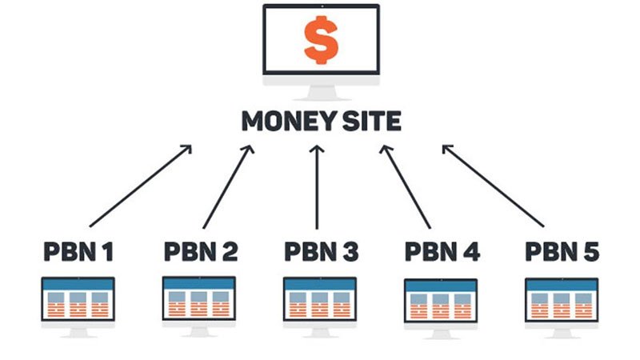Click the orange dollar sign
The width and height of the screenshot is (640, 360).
pyautogui.click(x=322, y=39)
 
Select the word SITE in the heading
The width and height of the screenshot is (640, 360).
pyautogui.click(x=372, y=122)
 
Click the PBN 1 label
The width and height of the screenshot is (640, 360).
pyautogui.click(x=78, y=252)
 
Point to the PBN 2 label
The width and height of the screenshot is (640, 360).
pyautogui.click(x=201, y=252)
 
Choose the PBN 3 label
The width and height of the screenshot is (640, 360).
pyautogui.click(x=322, y=252)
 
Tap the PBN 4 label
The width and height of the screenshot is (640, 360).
pyautogui.click(x=442, y=252)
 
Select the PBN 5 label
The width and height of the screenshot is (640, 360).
pyautogui.click(x=562, y=252)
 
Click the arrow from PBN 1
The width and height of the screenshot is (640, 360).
pyautogui.click(x=141, y=186)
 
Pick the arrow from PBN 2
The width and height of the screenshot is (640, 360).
pyautogui.click(x=229, y=186)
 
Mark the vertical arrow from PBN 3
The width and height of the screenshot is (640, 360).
pyautogui.click(x=317, y=187)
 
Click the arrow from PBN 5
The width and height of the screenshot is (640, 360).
pyautogui.click(x=493, y=186)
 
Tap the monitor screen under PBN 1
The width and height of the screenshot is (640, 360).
pyautogui.click(x=78, y=298)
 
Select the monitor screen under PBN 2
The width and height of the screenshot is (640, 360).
pyautogui.click(x=198, y=298)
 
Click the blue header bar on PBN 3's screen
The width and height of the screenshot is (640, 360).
pyautogui.click(x=320, y=285)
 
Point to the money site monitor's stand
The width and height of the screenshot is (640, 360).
pyautogui.click(x=322, y=93)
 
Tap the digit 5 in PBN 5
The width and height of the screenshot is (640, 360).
pyautogui.click(x=591, y=252)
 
